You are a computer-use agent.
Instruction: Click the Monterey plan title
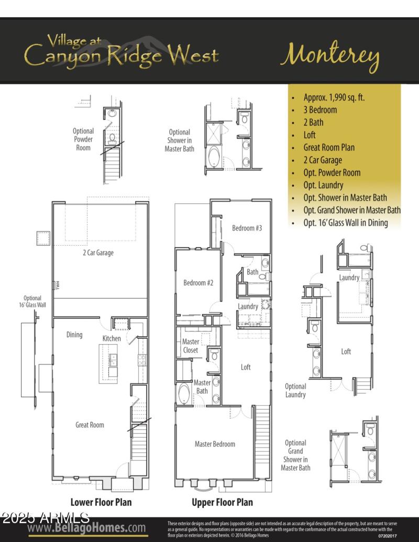click(329, 56)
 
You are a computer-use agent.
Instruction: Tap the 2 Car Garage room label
click(98, 253)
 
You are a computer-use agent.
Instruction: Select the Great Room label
click(90, 425)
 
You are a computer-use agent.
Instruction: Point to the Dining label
click(74, 335)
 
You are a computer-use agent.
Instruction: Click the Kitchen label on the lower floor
click(112, 338)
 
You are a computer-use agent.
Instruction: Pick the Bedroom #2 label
click(198, 283)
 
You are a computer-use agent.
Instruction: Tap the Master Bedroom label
click(215, 444)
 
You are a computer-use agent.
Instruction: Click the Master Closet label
click(191, 346)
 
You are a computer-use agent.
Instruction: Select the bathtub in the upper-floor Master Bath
click(184, 394)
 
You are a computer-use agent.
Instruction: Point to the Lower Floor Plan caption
click(101, 502)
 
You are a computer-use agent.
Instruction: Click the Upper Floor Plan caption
click(222, 502)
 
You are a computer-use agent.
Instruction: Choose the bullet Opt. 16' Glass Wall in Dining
click(345, 223)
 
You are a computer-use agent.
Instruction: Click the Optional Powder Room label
click(83, 139)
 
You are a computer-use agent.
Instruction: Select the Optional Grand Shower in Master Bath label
click(295, 455)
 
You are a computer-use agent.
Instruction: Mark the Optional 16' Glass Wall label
click(32, 301)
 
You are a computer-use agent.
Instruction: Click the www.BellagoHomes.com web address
click(86, 527)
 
